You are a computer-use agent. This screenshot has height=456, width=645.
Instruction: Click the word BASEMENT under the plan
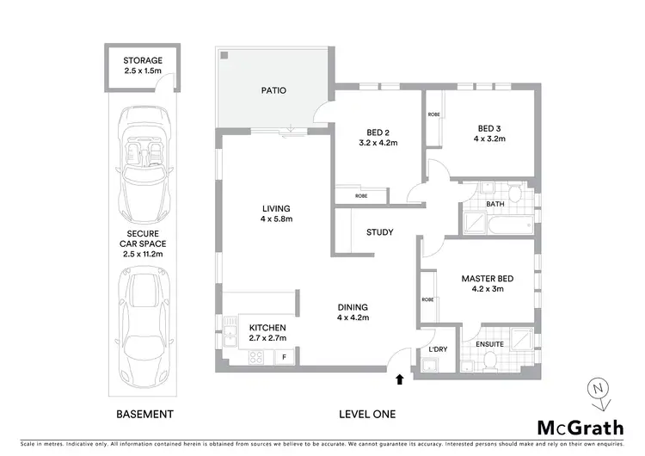(144, 414)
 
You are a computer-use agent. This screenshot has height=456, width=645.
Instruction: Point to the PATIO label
(273, 89)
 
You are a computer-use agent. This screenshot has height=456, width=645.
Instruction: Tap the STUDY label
(379, 232)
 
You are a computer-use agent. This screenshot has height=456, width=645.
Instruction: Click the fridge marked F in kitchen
(285, 356)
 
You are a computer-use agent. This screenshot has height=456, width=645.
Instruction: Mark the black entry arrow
(399, 378)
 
